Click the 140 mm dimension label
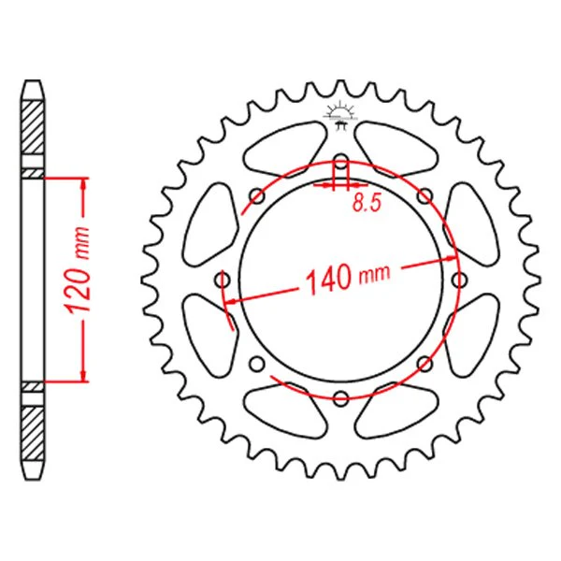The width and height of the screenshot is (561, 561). pos(348,277)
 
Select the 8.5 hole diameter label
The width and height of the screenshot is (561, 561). pos(367,203)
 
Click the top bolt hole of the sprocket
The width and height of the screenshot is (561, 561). pos(341,160)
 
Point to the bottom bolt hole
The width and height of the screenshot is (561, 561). pos(341,397)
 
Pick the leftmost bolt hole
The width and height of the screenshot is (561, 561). pos(223,280)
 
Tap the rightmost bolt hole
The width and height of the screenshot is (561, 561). pos(459,280)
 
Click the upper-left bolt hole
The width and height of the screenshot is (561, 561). pos(257,195)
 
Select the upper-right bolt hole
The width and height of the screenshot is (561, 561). pos(425,195)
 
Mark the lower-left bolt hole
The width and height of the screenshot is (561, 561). pos(257,364)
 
